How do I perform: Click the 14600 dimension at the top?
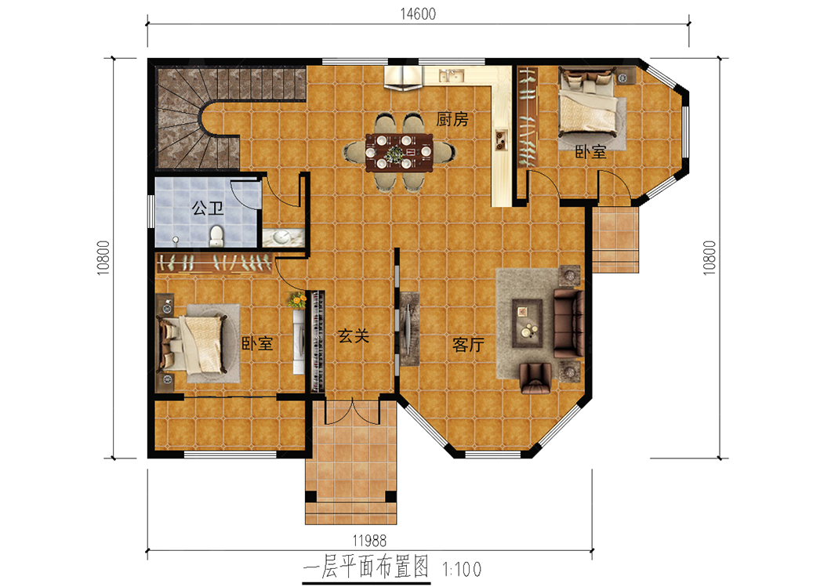(418, 14)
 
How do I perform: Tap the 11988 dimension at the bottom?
(369, 541)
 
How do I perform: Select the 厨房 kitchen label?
(452, 119)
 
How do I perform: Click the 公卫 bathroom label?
(207, 208)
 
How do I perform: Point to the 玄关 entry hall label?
(354, 335)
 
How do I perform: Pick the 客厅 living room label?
(469, 345)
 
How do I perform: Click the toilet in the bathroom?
(216, 236)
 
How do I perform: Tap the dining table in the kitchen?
(399, 153)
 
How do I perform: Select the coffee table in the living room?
(528, 323)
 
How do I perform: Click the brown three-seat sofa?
(568, 323)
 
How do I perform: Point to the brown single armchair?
(535, 379)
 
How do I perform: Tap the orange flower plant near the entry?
(298, 300)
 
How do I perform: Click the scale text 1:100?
(462, 570)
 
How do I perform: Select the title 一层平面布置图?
(365, 567)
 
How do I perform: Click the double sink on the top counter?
(451, 75)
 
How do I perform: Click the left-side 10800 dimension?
(103, 258)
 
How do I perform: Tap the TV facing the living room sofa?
(408, 329)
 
